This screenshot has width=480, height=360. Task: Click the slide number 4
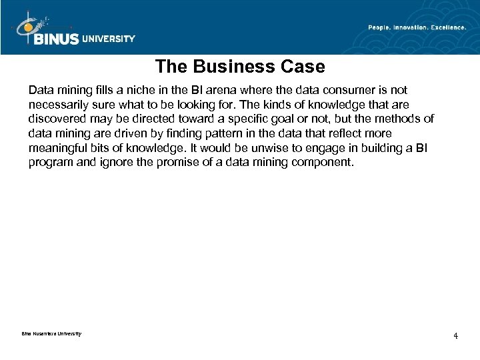[455, 335]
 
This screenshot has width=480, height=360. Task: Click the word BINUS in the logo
[55, 39]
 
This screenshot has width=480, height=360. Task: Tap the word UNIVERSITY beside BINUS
[109, 39]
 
